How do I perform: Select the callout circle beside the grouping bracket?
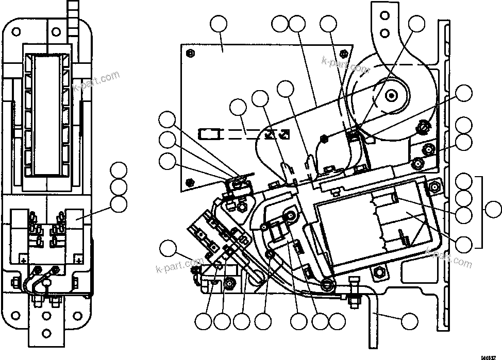coord(494,210)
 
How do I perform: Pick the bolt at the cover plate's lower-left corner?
coord(191,181)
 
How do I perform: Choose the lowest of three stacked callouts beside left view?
coord(120,203)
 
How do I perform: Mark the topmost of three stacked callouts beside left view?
coord(120,170)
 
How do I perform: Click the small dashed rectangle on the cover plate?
coord(209,134)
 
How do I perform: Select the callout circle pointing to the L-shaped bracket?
coord(410,321)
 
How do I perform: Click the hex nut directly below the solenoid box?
coord(380,271)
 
